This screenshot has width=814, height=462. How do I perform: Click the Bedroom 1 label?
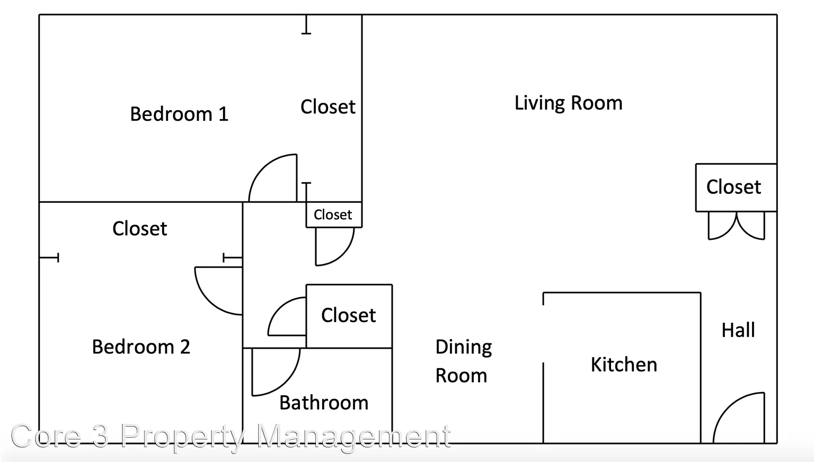[x=179, y=114]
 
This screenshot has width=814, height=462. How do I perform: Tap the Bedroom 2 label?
[x=141, y=346]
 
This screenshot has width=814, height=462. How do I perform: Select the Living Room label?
[x=568, y=103]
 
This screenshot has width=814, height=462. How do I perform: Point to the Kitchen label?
[x=624, y=365]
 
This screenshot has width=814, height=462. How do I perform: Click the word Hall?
[x=738, y=330]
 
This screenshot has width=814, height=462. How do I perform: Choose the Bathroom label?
[x=324, y=403]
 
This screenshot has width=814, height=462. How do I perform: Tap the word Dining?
[x=464, y=347]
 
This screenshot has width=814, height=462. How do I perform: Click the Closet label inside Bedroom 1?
[x=328, y=107]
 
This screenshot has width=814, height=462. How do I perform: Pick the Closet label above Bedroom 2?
[x=139, y=228]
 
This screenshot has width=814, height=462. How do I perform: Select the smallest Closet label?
[x=333, y=215]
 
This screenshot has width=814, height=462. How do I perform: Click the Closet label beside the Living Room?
[x=733, y=187]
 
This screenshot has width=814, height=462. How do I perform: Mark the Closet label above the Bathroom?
[x=349, y=315]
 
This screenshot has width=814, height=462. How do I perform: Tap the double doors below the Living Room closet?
[x=736, y=226]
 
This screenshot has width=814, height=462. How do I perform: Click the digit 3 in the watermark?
[x=100, y=435]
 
